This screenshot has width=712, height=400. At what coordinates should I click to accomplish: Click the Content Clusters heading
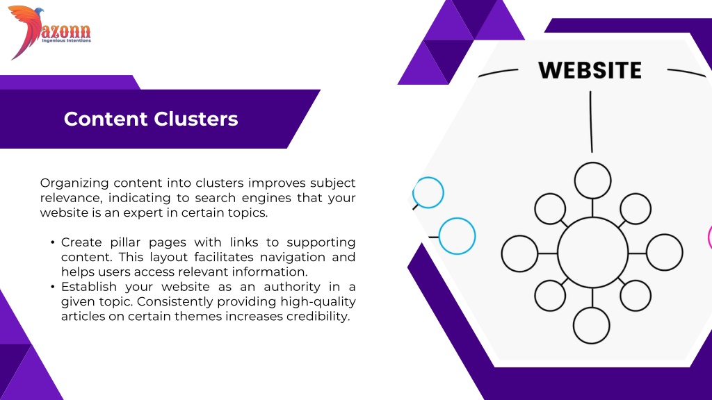[x=151, y=119]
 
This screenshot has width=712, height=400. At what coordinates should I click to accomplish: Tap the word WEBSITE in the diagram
[x=590, y=70]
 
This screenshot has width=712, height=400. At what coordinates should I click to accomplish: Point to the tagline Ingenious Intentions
[x=66, y=40]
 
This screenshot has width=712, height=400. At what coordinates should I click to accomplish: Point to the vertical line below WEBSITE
[x=591, y=122]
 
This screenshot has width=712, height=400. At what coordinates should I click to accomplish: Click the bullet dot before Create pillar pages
[x=53, y=242]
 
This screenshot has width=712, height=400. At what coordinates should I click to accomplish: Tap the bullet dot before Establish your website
[x=53, y=287]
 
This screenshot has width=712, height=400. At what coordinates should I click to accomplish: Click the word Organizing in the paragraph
[x=74, y=183]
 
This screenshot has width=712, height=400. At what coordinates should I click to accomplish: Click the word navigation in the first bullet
[x=293, y=257]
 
